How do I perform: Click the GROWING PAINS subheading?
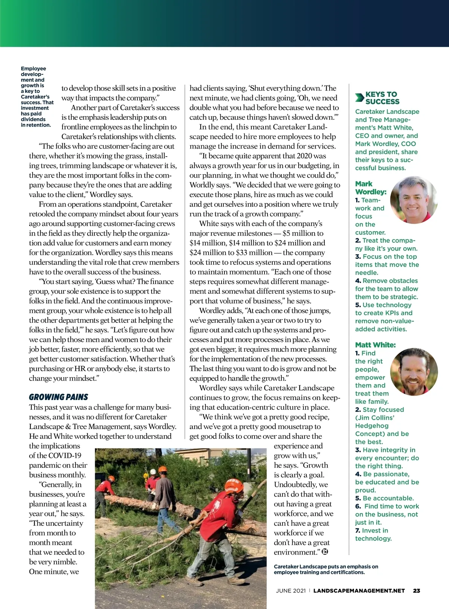point(58,397)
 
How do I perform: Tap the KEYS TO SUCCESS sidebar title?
point(382,98)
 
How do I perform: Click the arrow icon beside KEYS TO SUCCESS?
point(360,98)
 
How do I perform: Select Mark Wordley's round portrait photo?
point(413,200)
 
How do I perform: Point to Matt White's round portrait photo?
point(413,372)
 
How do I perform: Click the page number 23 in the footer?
point(416,591)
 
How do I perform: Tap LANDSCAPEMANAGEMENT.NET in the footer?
point(359,591)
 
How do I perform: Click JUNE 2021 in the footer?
point(291,591)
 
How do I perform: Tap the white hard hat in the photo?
point(153,472)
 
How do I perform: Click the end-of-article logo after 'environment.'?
point(325,551)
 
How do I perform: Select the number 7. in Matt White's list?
point(358,531)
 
